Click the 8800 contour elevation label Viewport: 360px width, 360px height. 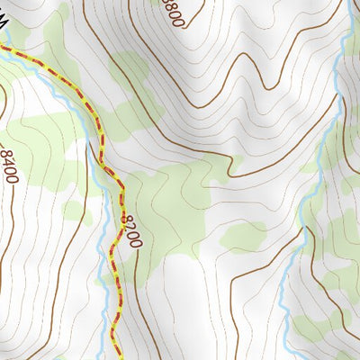pyautogui.click(x=175, y=13)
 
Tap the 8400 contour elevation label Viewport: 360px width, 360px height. pyautogui.click(x=10, y=166)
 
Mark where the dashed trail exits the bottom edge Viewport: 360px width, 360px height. pyautogui.click(x=119, y=358)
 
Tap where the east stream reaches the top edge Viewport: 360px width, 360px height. pyautogui.click(x=346, y=1)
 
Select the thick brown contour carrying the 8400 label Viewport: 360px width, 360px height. pyautogui.click(x=4, y=225)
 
